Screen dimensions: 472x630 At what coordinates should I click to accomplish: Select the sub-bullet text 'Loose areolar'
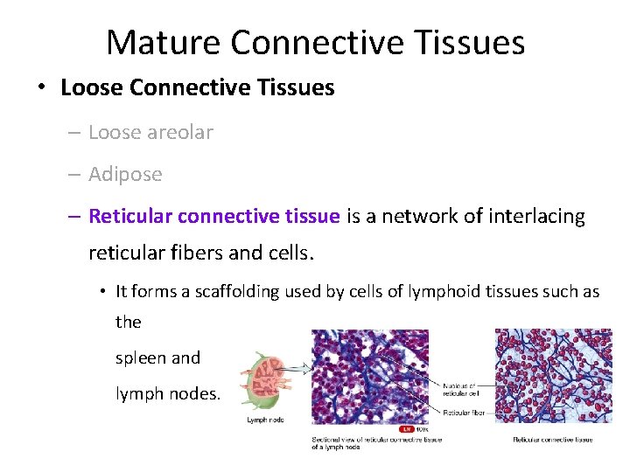click(x=150, y=132)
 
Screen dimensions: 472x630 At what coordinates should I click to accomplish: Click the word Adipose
click(x=125, y=174)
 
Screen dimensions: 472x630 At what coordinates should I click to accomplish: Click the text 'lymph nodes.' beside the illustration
click(x=168, y=394)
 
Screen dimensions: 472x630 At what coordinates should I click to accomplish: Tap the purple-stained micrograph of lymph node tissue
click(x=372, y=377)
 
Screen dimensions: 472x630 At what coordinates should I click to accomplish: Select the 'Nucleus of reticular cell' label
click(x=460, y=389)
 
